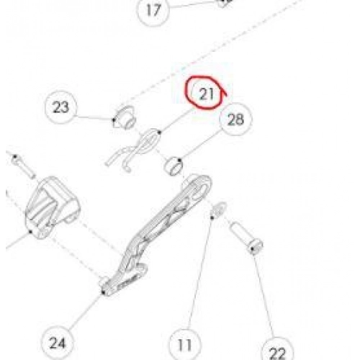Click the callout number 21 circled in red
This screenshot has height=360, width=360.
[x=206, y=94]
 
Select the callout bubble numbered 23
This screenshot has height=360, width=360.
[x=60, y=107]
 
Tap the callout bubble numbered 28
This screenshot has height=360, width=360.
[x=236, y=120]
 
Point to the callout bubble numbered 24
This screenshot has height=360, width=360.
[x=57, y=343]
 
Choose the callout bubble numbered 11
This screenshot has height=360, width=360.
[x=185, y=345]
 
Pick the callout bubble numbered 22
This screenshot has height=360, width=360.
[x=277, y=351]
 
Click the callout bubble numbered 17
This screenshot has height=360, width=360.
[x=153, y=10]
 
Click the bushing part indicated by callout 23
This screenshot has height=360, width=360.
[x=125, y=118]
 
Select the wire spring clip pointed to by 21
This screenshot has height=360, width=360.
[x=133, y=150]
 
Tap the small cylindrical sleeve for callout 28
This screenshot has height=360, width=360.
[x=174, y=166]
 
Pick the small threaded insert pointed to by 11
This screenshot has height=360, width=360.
[x=218, y=209]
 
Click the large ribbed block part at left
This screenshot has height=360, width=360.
[x=52, y=207]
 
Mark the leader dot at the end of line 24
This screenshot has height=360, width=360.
[x=104, y=292]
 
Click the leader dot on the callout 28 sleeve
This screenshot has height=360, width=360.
[x=180, y=160]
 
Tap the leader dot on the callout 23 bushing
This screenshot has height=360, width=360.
[x=114, y=120]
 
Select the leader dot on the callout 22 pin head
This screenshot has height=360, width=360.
[x=253, y=249]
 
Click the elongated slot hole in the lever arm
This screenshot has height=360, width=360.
[x=199, y=192]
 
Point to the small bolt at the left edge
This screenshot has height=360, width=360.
[x=23, y=166]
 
